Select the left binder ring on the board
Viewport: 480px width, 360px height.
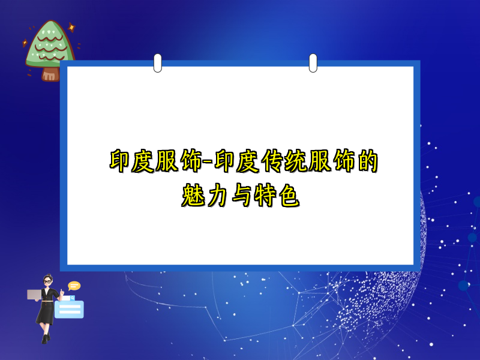coord(158,62)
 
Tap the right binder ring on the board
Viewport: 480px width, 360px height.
coord(313,62)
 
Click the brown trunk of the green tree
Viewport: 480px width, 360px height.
coord(50,74)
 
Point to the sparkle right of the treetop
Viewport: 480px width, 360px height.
coord(71,28)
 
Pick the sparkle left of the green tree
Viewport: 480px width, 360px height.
coord(25,43)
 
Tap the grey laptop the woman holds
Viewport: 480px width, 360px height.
coord(34,294)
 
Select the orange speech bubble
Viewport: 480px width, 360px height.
coord(74,286)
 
